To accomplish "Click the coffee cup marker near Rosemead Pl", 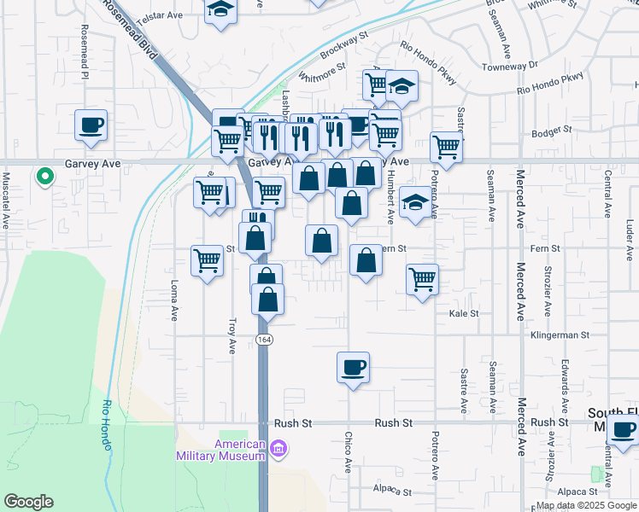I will click(x=91, y=125).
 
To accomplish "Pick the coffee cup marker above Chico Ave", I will click(x=353, y=368).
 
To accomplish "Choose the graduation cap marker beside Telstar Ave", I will click(x=220, y=10).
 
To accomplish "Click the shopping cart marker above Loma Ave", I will click(x=208, y=260).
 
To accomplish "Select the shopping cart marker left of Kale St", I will click(x=422, y=279).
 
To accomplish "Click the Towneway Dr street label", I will click(x=509, y=66).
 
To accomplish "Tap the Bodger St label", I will click(x=550, y=131).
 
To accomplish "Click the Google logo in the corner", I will click(x=28, y=502).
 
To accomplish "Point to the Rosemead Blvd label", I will click(x=132, y=30).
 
